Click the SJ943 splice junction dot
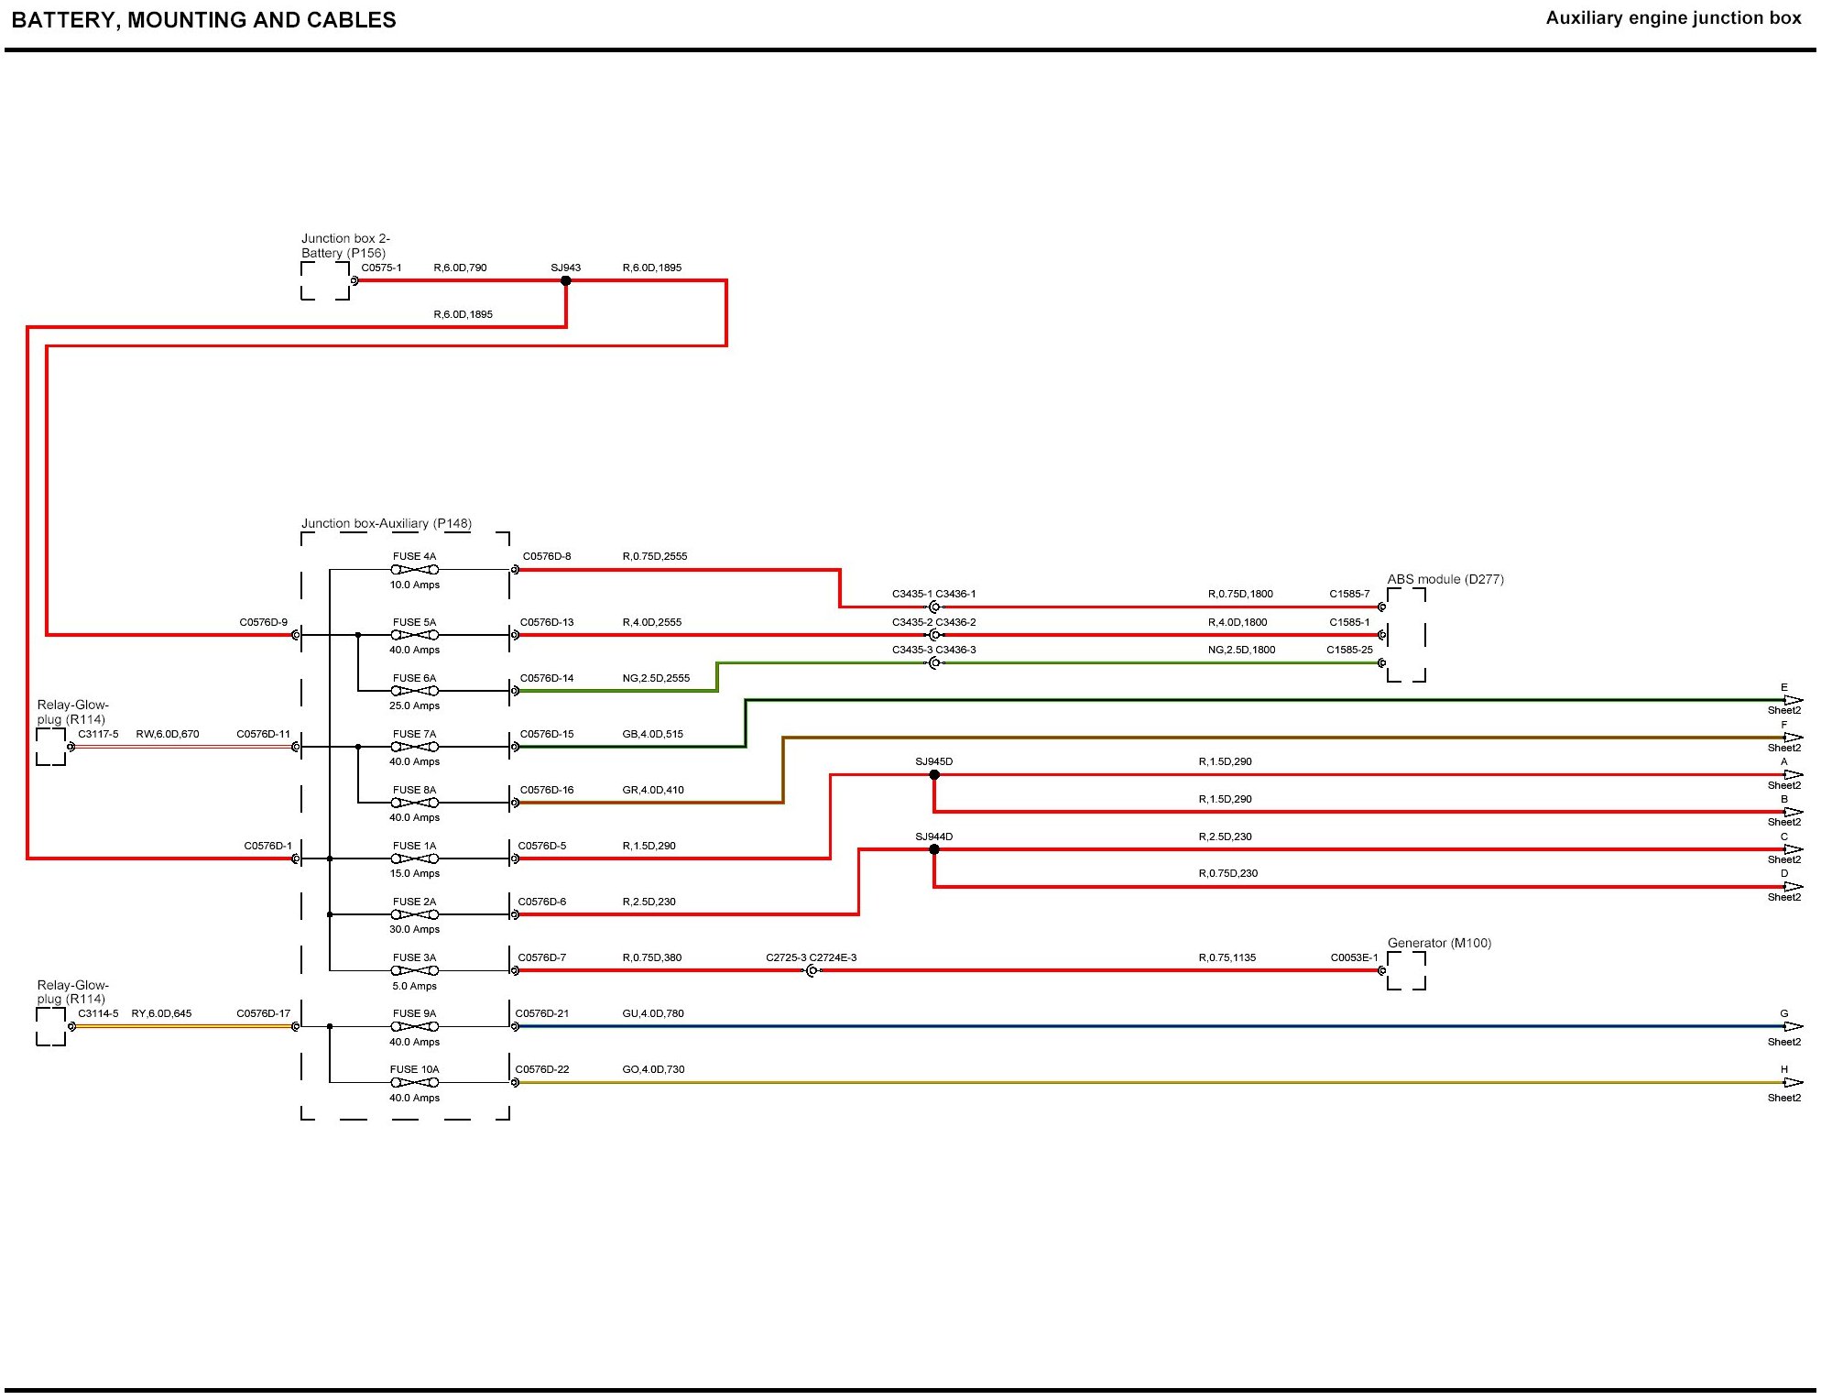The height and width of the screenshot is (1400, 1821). pyautogui.click(x=566, y=280)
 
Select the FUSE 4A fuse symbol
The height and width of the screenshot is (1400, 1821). pyautogui.click(x=415, y=570)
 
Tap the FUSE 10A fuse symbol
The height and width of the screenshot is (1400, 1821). pyautogui.click(x=415, y=1083)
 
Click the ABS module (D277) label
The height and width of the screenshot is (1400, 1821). pyautogui.click(x=1445, y=579)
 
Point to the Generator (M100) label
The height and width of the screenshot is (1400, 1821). pyautogui.click(x=1439, y=943)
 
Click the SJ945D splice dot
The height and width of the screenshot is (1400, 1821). pyautogui.click(x=934, y=775)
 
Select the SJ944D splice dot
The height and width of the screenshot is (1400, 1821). pyautogui.click(x=934, y=850)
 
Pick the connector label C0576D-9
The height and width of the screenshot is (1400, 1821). pyautogui.click(x=263, y=623)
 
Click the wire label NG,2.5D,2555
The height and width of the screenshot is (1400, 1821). pyautogui.click(x=656, y=679)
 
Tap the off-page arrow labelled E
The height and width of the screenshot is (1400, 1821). pyautogui.click(x=1792, y=701)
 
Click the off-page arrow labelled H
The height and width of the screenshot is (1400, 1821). pyautogui.click(x=1792, y=1083)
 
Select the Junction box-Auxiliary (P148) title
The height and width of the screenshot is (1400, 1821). pyautogui.click(x=387, y=524)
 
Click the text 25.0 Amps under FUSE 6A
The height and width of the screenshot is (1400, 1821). pyautogui.click(x=415, y=706)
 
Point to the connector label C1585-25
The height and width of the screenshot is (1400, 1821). pyautogui.click(x=1349, y=651)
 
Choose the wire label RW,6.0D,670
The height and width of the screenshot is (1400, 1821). pyautogui.click(x=168, y=735)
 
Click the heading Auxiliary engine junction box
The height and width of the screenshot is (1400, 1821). pyautogui.click(x=1673, y=18)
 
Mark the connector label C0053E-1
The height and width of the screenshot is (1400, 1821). pyautogui.click(x=1354, y=958)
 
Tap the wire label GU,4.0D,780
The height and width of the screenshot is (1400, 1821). pyautogui.click(x=653, y=1014)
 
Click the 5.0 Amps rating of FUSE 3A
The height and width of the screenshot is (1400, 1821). pyautogui.click(x=415, y=987)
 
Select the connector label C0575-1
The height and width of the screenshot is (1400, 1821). pyautogui.click(x=381, y=268)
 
